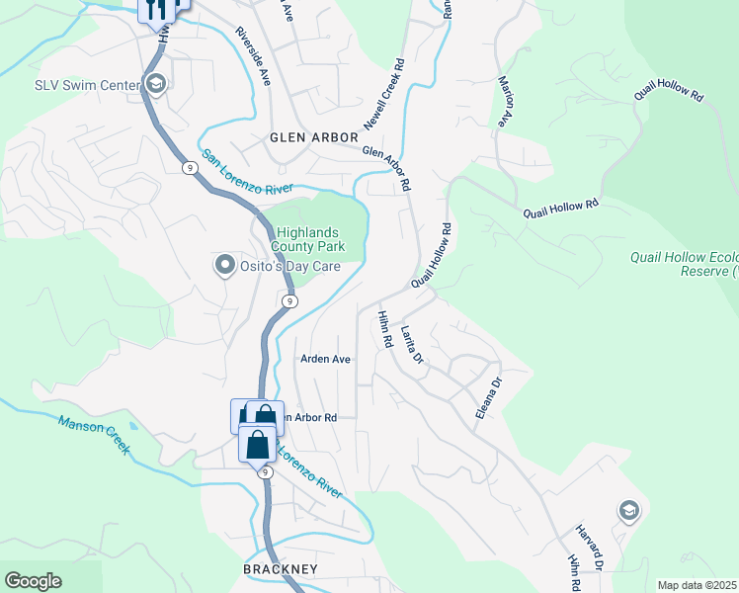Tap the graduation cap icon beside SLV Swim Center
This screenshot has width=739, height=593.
(x=156, y=85)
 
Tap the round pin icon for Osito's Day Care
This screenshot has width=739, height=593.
(x=225, y=265)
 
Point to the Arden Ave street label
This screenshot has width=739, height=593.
(x=326, y=359)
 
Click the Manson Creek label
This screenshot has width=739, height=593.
(x=94, y=435)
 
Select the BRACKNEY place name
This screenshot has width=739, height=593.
(x=281, y=569)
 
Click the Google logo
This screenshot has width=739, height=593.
(x=33, y=581)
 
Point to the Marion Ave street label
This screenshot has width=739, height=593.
(x=506, y=103)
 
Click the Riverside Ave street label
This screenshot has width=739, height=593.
(x=253, y=55)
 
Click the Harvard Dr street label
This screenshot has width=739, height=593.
(x=591, y=547)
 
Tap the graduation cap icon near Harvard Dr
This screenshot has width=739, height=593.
(x=627, y=511)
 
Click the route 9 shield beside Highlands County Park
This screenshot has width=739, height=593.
(x=287, y=300)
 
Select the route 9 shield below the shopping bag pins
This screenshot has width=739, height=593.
(x=266, y=472)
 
